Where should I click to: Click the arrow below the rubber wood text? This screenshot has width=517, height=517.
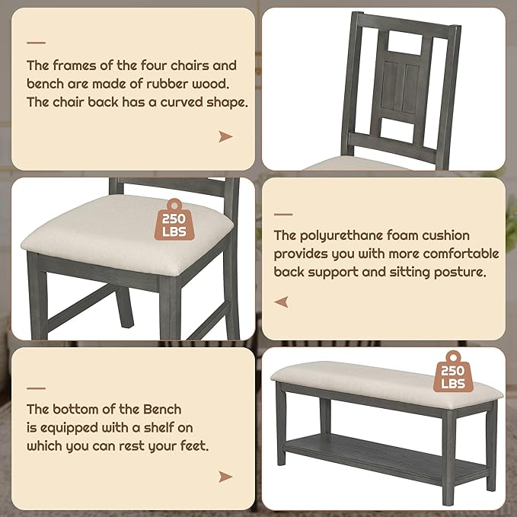(x=225, y=136)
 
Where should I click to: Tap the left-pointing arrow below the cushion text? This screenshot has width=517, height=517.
(x=282, y=302)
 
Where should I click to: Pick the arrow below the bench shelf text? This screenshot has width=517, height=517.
(x=225, y=477)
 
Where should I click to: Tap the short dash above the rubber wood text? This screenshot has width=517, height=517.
(x=36, y=43)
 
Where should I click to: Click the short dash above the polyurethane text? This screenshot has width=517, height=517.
(x=283, y=214)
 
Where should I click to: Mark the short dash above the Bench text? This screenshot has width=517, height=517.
(x=36, y=388)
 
